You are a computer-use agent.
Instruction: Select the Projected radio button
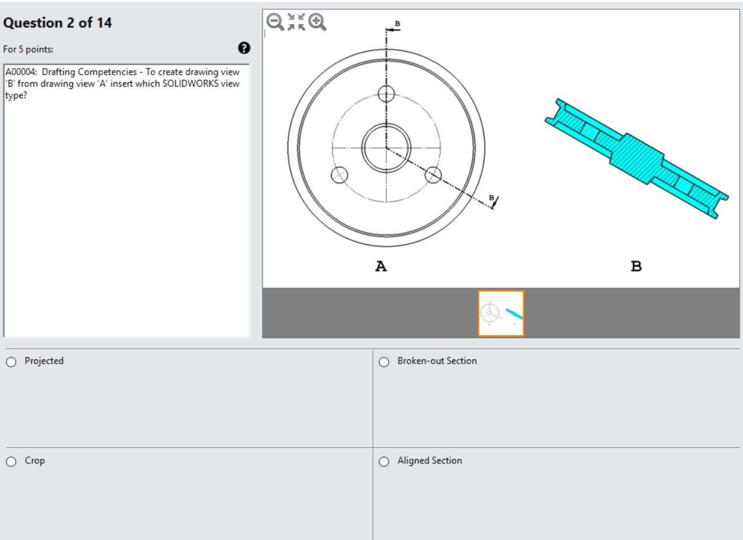tap(10, 361)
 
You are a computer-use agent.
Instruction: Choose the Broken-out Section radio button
tap(384, 361)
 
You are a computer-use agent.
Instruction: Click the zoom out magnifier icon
tap(273, 22)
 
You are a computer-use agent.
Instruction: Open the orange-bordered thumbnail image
tap(501, 313)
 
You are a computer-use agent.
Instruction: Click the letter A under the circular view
tap(381, 267)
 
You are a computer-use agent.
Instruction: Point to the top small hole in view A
tap(386, 94)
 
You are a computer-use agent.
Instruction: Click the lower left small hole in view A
tap(340, 174)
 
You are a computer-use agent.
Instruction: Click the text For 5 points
tap(26, 48)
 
